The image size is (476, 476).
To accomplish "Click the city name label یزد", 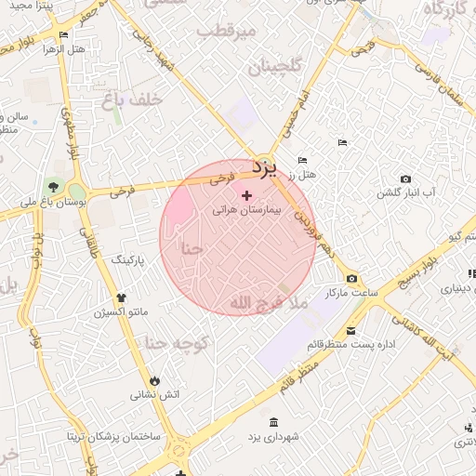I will click(x=265, y=168).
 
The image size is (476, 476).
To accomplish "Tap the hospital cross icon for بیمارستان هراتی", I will click(x=246, y=196).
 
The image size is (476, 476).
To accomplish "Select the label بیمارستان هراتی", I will click(x=245, y=211).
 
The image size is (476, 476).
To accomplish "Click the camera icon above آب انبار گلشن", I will click(x=405, y=178).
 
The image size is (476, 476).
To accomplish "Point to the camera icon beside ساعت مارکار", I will click(x=350, y=279).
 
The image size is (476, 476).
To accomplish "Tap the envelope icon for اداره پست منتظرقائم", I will click(x=350, y=331).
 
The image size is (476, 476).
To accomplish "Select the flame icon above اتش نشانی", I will click(x=154, y=380).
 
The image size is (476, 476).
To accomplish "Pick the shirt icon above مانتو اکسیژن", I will click(x=120, y=297).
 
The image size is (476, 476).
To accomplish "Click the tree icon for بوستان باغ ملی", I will click(x=52, y=187).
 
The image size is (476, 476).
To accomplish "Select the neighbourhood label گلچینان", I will click(x=277, y=68).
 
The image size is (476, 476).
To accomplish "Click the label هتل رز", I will click(x=302, y=174).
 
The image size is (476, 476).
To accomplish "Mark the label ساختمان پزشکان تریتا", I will click(x=112, y=436).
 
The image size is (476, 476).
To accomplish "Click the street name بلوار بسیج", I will click(x=423, y=271).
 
